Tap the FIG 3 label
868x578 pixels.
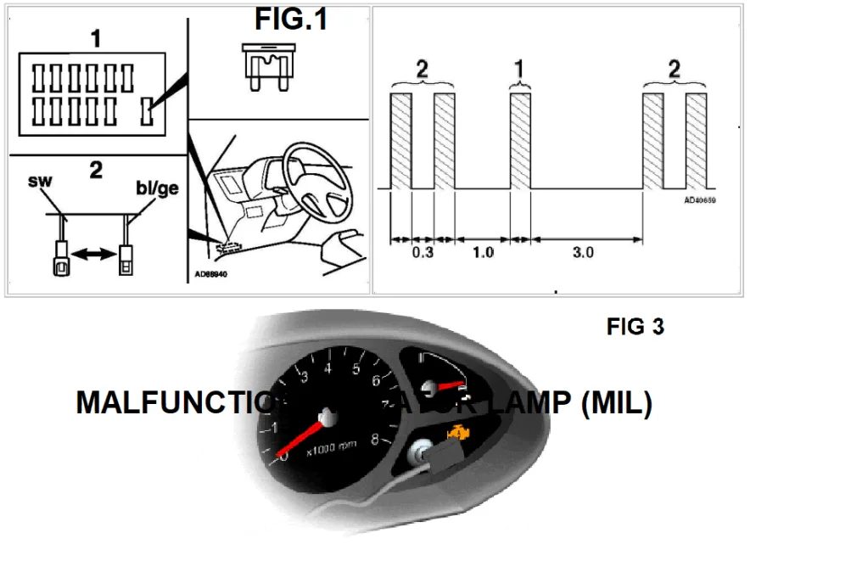(x=636, y=326)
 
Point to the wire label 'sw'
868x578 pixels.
(x=39, y=181)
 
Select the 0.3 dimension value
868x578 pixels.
(x=422, y=253)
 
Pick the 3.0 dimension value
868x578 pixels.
(x=584, y=253)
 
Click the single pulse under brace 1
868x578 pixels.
(x=520, y=140)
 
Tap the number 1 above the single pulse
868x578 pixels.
(x=519, y=70)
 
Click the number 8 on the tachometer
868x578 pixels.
(x=374, y=439)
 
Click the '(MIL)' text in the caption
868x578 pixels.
(x=617, y=403)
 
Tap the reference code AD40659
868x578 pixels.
(x=700, y=201)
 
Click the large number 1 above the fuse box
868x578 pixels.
(x=96, y=38)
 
